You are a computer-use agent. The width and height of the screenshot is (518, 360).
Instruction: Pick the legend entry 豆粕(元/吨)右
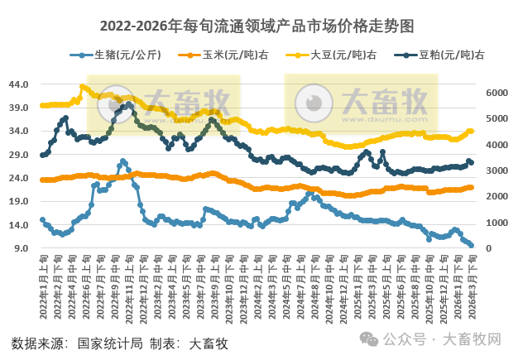click(x=451, y=55)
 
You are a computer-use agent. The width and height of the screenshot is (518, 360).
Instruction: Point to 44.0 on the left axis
click(x=20, y=84)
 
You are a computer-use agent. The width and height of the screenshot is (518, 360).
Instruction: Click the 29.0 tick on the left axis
click(x=20, y=155)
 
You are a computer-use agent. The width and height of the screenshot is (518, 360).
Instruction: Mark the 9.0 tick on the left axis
click(x=22, y=248)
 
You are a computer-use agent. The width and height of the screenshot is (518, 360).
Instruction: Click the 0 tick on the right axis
click(x=491, y=248)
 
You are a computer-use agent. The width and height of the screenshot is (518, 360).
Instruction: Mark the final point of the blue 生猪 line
click(x=472, y=246)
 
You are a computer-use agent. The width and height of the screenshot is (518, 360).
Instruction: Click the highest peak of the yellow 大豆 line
click(x=82, y=86)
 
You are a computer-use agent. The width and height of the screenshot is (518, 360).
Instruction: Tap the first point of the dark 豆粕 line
click(x=42, y=155)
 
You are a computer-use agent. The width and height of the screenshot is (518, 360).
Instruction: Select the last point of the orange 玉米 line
click(x=472, y=187)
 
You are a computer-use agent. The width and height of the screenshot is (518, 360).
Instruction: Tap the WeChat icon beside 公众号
click(x=371, y=341)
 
